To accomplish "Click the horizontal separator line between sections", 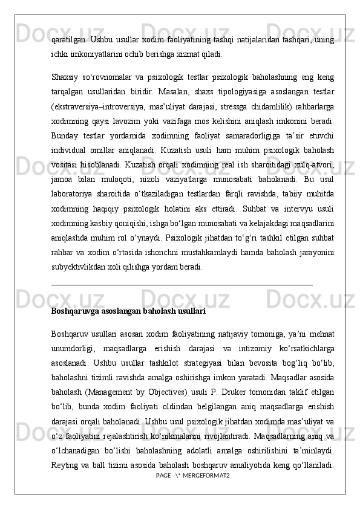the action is pos(182,283).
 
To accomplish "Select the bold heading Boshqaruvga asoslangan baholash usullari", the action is pos(128,311).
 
